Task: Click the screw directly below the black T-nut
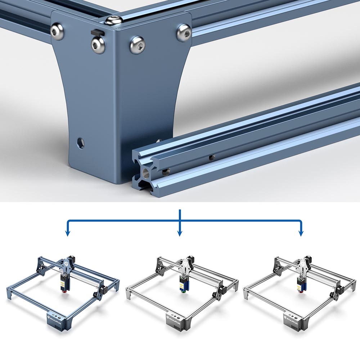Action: pos(98,45)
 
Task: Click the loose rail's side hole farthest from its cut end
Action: pos(212,157)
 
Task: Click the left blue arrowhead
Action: pos(67,233)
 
